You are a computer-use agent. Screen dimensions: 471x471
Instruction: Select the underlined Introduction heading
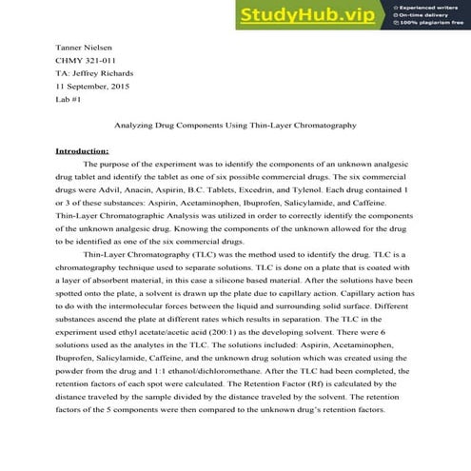pyautogui.click(x=83, y=151)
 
